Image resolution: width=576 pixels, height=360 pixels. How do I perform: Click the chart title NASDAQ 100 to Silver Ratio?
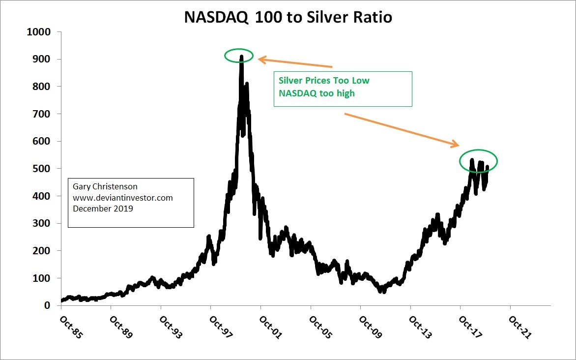pos(288,17)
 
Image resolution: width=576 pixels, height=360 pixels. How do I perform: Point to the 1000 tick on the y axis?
pos(40,32)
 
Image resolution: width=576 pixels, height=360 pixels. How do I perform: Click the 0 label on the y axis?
pos(48,305)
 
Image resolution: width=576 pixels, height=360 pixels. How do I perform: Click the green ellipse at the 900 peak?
pos(239,56)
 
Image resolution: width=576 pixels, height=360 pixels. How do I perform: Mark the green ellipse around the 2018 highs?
pos(478,161)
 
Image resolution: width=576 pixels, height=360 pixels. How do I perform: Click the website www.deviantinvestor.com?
pos(122,198)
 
